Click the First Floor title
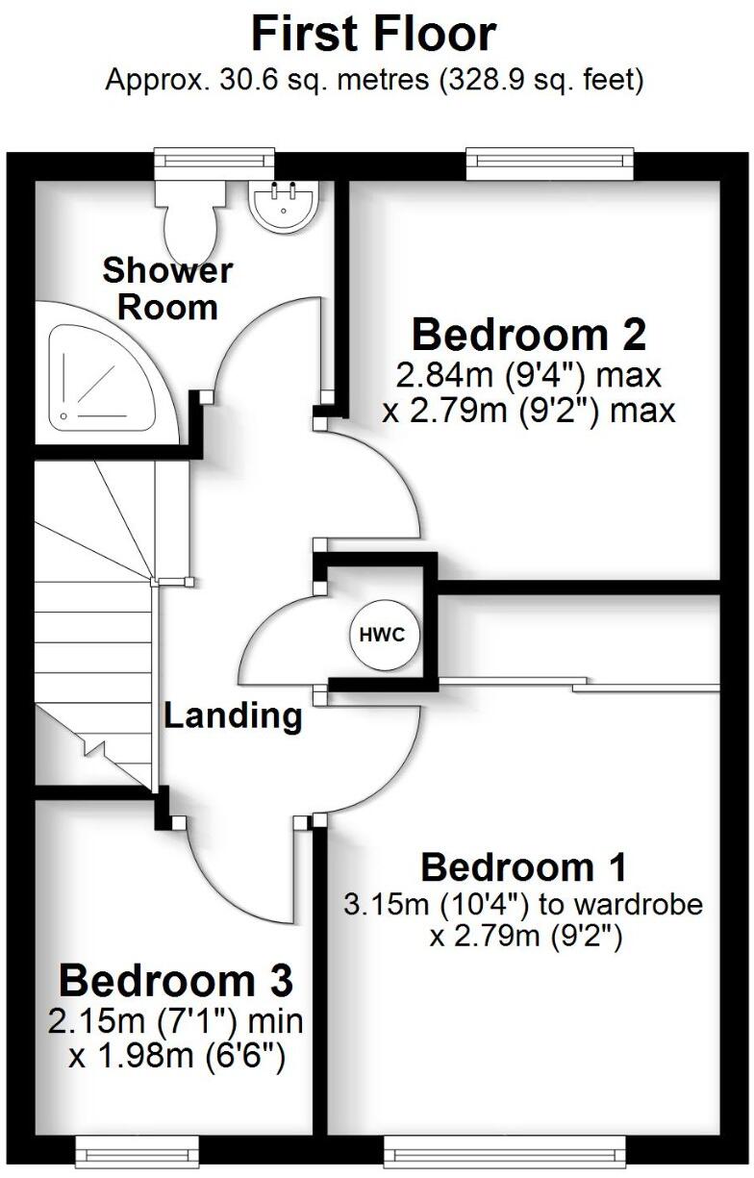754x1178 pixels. point(373,35)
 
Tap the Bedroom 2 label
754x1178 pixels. point(528,336)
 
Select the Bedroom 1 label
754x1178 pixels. point(523,867)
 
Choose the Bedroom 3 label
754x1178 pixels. point(176,982)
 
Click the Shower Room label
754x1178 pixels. point(167,288)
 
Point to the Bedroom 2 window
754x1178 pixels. point(550,163)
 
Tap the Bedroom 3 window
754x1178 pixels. point(137,1150)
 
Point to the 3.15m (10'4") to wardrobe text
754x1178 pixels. point(523,904)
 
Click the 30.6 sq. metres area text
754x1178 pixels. point(289,80)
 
